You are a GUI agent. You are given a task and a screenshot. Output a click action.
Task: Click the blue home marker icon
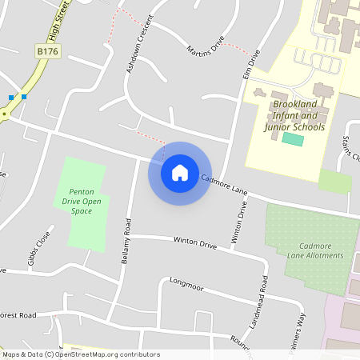coord(180,173)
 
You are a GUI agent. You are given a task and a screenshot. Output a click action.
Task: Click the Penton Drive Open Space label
coord(86,201)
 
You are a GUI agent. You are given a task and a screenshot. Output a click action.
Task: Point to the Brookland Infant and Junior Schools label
coord(298,116)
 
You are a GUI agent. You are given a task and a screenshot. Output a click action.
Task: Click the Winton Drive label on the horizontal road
coord(195,241)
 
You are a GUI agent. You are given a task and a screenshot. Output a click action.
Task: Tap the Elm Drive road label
coord(250,64)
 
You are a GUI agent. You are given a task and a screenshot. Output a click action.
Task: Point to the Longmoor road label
coord(188,284)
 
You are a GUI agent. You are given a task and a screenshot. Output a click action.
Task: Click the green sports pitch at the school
coord(294,139)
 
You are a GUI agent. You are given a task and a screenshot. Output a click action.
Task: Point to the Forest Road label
coord(19,316)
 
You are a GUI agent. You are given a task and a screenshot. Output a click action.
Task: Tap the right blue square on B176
coord(25,97)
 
